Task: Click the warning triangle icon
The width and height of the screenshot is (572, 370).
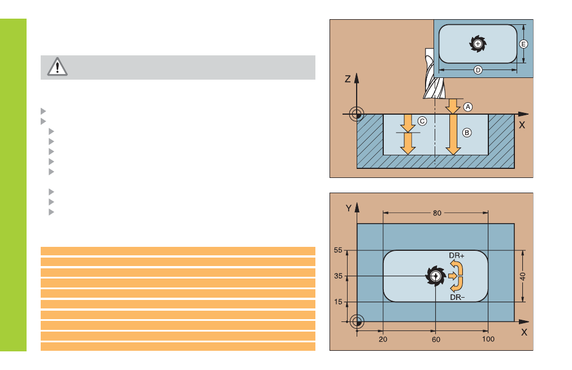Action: point(57,67)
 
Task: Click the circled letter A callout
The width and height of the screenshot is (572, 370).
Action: point(467,106)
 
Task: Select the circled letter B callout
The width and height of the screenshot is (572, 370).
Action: point(467,133)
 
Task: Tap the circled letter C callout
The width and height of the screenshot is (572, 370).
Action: point(422,121)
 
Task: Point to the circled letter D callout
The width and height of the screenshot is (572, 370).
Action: point(478,70)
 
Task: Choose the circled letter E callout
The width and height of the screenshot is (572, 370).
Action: point(523,43)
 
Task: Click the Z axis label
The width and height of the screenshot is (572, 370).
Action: point(348,80)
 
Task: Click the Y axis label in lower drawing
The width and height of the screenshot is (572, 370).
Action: point(349,208)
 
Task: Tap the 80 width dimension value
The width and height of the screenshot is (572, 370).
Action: point(437,214)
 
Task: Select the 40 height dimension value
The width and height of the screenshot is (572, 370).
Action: point(523,277)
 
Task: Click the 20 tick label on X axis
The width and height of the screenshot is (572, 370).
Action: point(383,339)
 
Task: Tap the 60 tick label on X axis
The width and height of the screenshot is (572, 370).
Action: point(436,339)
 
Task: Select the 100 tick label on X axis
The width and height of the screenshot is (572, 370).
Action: point(488,339)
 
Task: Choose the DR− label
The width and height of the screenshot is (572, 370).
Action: point(457,297)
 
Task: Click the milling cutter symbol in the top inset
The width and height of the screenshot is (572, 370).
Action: point(478,43)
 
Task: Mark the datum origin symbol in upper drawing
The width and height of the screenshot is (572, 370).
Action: point(357,114)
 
